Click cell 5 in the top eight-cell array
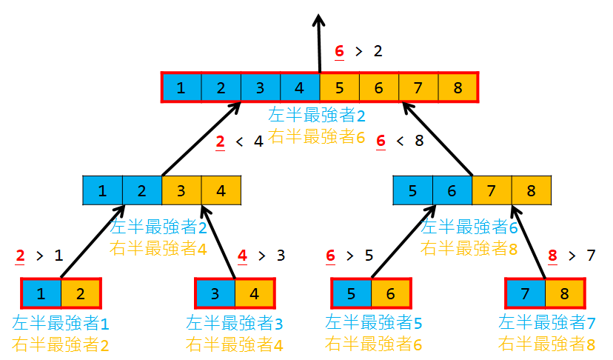tap(339, 88)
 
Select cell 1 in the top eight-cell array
tap(181, 88)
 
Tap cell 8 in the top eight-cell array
tap(458, 88)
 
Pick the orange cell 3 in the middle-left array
tap(181, 190)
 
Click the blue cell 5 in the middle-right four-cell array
tap(412, 190)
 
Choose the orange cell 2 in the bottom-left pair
tap(80, 293)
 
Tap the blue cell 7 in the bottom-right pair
tap(525, 293)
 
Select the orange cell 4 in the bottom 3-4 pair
tap(255, 293)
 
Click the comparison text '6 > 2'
tap(358, 51)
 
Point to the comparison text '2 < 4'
tap(238, 141)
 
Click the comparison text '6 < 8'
tap(399, 141)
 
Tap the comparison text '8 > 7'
tap(571, 256)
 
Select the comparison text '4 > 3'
tap(261, 256)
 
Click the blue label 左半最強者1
tap(61, 323)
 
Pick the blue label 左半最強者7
tap(547, 323)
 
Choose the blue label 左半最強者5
tap(374, 323)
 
